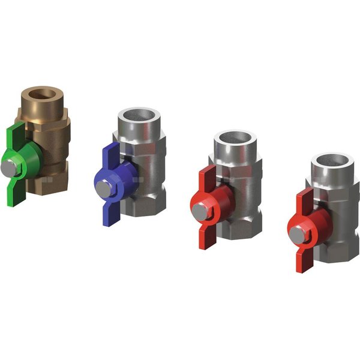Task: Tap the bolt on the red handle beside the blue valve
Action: pos(198,212)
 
